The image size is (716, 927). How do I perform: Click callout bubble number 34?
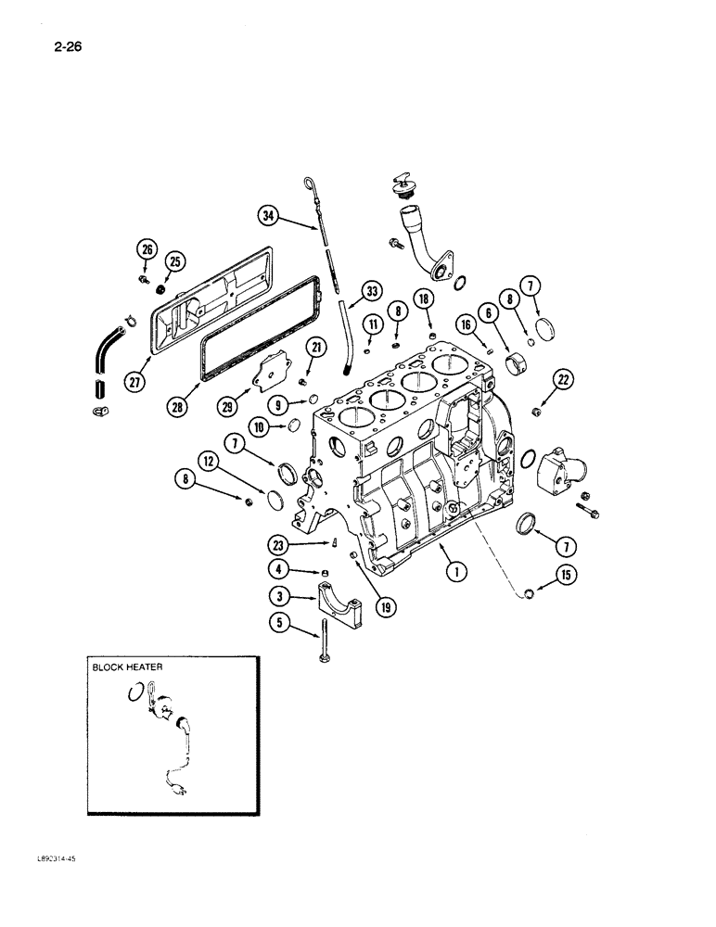tap(269, 216)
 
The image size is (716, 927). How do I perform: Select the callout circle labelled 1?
tap(454, 571)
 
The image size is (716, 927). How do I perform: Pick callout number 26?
tap(146, 248)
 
